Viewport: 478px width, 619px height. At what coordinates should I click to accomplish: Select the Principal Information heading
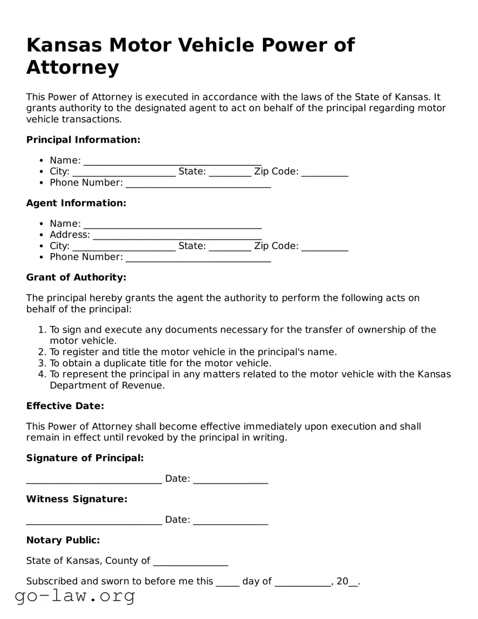click(x=83, y=140)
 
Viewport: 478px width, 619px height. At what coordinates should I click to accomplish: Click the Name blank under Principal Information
click(x=172, y=161)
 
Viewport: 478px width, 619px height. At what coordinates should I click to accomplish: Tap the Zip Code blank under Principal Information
click(x=325, y=172)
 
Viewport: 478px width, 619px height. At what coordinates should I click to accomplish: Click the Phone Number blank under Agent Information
click(x=198, y=258)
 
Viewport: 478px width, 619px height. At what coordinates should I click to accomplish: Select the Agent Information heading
click(x=76, y=203)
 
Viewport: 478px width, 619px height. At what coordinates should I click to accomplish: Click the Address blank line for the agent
click(x=177, y=236)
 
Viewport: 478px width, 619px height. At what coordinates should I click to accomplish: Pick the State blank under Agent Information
click(x=230, y=247)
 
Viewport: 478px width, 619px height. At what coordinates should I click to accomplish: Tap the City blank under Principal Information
click(x=124, y=172)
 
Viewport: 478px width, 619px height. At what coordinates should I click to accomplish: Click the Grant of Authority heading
click(x=76, y=277)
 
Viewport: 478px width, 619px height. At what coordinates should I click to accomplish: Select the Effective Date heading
click(x=65, y=406)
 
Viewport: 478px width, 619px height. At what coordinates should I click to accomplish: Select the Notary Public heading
click(x=63, y=540)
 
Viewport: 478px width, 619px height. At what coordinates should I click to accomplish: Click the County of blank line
click(x=190, y=562)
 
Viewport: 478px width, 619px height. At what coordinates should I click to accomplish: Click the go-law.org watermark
click(x=75, y=595)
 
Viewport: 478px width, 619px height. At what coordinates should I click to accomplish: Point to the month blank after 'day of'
click(x=303, y=582)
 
